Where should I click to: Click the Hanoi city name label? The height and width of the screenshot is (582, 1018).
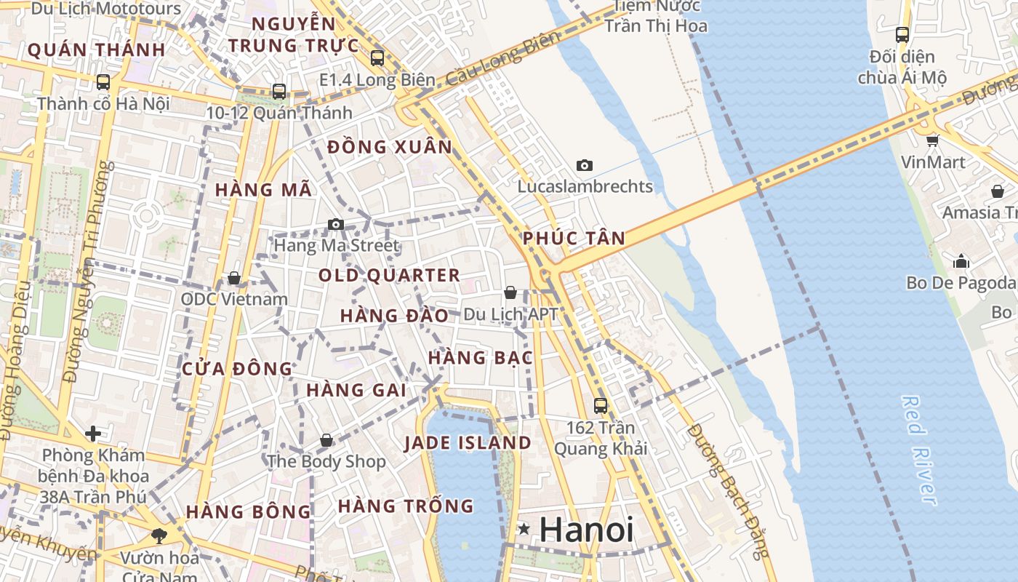tap(586, 530)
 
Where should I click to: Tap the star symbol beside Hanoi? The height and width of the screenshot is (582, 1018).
tap(524, 529)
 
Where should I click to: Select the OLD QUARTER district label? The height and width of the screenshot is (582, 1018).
tap(389, 276)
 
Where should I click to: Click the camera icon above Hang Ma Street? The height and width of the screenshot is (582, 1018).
tap(335, 224)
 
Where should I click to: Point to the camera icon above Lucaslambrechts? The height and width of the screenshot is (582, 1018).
tap(584, 166)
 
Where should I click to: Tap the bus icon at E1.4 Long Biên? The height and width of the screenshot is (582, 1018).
tap(377, 58)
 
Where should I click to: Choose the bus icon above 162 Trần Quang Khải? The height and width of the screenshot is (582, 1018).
tap(600, 406)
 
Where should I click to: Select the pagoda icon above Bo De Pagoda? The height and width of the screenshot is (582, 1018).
tap(961, 260)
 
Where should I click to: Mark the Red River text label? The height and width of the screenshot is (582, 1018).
tap(918, 450)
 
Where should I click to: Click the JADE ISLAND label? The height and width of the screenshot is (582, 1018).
tap(468, 443)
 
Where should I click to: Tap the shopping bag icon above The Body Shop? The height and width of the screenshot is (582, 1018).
tap(326, 440)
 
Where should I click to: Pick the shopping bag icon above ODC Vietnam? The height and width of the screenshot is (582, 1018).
tap(234, 278)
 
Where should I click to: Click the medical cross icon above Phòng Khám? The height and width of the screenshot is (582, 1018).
tap(93, 434)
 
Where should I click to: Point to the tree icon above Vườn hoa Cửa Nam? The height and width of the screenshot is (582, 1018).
tap(159, 537)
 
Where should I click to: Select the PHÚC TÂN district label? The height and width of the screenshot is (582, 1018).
tap(574, 238)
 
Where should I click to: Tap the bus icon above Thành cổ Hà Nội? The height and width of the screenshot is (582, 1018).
tap(103, 82)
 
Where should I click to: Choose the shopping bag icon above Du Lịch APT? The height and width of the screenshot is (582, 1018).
tap(510, 292)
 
